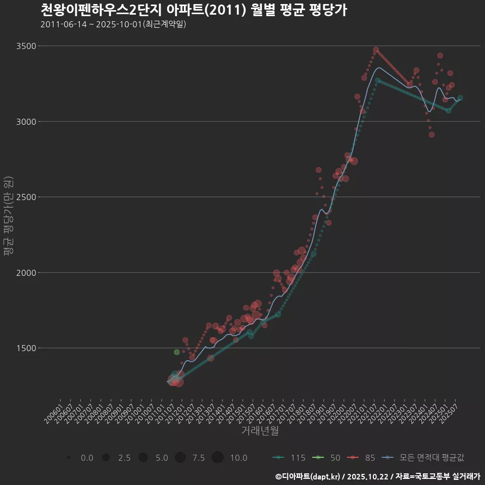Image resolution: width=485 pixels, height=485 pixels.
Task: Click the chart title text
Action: click(193, 10)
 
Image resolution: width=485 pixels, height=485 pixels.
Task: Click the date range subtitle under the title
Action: click(113, 24)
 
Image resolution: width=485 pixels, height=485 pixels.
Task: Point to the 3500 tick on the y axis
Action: click(26, 46)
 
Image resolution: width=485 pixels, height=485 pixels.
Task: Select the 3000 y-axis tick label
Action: click(26, 122)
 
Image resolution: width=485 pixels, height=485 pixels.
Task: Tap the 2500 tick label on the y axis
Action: click(26, 197)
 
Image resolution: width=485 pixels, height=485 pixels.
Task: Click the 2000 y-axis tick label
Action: click(26, 273)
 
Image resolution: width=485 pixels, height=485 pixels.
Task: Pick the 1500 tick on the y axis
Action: click(26, 348)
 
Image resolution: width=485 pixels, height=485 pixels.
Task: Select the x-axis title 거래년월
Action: click(260, 431)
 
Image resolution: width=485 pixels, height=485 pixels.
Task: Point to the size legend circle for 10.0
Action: click(217, 458)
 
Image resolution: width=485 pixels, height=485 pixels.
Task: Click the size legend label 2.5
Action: click(124, 458)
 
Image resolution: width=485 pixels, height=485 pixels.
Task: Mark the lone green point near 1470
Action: click(177, 352)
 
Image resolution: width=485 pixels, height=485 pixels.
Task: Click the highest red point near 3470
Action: click(376, 50)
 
